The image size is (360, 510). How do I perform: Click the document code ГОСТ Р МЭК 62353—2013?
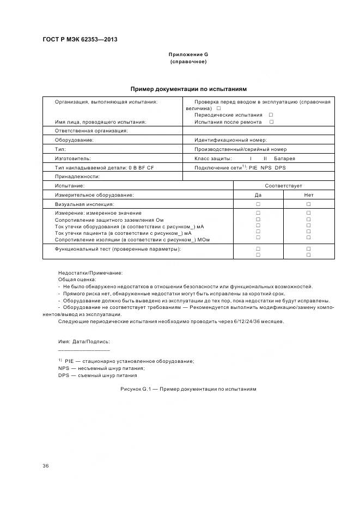pos(80,40)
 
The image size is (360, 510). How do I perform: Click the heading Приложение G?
pos(188,54)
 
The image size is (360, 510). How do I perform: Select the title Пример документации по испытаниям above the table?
pos(188,88)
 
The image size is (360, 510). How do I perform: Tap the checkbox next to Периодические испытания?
pos(271,115)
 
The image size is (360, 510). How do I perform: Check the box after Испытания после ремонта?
pos(271,122)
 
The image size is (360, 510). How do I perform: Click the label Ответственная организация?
pos(91,131)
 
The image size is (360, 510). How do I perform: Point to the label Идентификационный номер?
pos(230,140)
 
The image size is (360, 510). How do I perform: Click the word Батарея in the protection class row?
pos(285,158)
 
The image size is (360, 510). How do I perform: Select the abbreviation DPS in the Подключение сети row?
pos(280,167)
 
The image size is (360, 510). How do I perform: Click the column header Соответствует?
pos(283,186)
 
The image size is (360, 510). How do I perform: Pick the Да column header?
pos(258,195)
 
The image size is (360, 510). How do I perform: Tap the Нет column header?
pos(308,195)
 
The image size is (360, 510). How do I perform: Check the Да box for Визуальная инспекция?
pos(258,204)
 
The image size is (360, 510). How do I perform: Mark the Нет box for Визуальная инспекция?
pos(308,204)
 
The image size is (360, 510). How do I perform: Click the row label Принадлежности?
pos(77,177)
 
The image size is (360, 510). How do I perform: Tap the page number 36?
pos(46,466)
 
